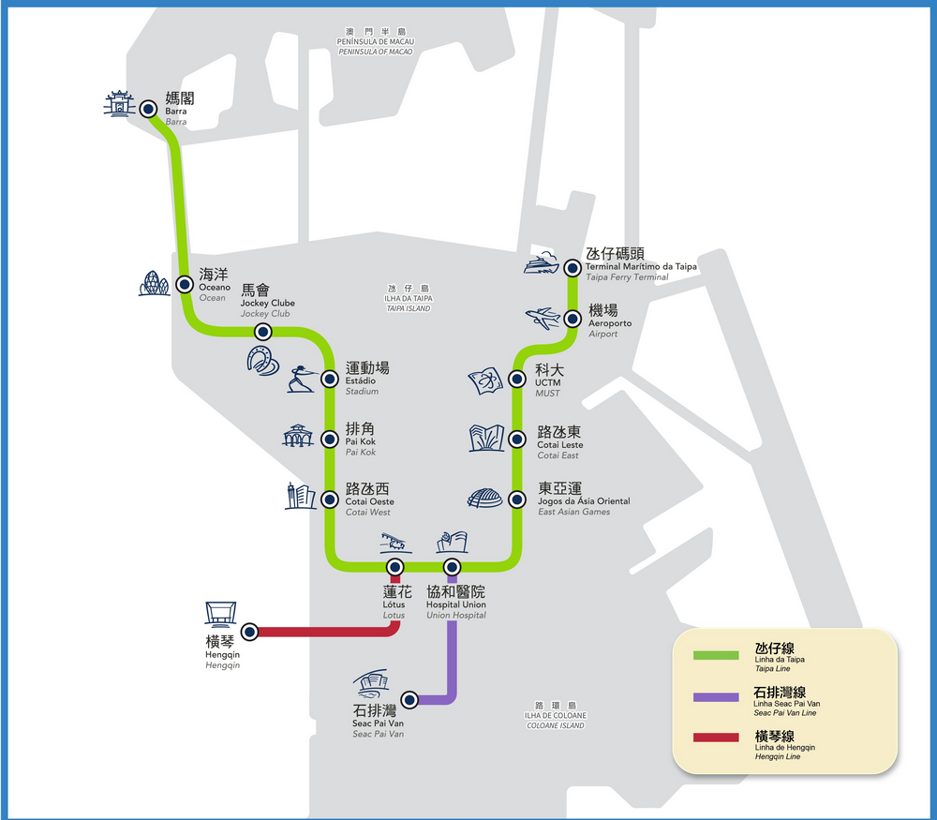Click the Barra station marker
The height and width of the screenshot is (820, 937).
click(x=148, y=110)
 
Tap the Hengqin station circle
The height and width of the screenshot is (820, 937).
click(x=249, y=632)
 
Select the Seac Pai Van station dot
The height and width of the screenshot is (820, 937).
click(x=409, y=699)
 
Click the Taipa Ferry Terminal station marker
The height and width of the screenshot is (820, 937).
click(x=573, y=268)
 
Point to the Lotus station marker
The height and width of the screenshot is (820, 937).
click(x=395, y=566)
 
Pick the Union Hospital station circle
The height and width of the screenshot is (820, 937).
click(x=453, y=566)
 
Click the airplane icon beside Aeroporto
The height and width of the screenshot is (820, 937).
click(x=544, y=319)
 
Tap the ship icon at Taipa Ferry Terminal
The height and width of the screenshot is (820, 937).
click(x=542, y=264)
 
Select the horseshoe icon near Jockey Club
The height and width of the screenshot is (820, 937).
click(x=262, y=359)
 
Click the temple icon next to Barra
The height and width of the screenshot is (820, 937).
click(x=119, y=104)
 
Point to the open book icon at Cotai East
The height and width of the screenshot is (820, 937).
click(x=486, y=438)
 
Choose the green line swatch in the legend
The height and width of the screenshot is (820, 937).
click(x=716, y=654)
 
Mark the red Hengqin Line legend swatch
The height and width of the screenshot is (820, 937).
click(x=716, y=738)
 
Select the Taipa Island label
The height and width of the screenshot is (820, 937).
click(x=408, y=298)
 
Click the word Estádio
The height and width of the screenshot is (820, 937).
click(x=362, y=381)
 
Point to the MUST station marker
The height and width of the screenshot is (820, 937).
click(x=516, y=379)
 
